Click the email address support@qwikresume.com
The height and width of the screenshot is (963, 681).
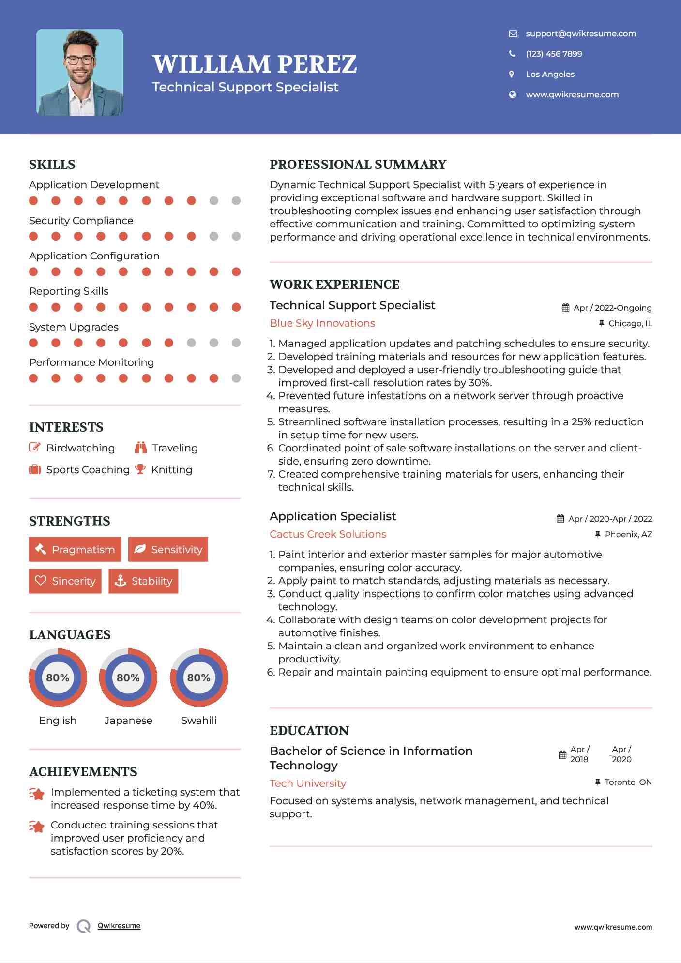580,33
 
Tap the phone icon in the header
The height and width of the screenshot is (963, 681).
512,54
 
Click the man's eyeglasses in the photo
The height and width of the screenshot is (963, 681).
80,60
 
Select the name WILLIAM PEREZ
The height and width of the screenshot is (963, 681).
255,64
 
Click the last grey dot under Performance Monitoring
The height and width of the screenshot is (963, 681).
236,378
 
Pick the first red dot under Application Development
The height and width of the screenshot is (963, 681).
33,201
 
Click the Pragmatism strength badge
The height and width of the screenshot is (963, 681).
75,549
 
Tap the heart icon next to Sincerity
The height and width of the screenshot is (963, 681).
41,581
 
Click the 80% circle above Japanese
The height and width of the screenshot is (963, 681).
128,677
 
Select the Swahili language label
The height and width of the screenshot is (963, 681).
198,720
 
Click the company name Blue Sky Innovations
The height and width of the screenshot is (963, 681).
322,323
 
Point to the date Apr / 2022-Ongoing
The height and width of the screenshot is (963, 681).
612,308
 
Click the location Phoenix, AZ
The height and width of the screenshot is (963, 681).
628,534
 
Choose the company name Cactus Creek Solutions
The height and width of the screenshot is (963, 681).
328,534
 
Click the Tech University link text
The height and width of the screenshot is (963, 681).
308,783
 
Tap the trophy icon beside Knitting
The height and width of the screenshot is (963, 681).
140,469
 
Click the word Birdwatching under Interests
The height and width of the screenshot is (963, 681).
80,448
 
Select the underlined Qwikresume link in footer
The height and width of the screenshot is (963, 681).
119,926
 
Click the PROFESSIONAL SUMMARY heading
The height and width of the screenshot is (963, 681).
358,165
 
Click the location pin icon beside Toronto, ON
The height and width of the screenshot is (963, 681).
598,782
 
